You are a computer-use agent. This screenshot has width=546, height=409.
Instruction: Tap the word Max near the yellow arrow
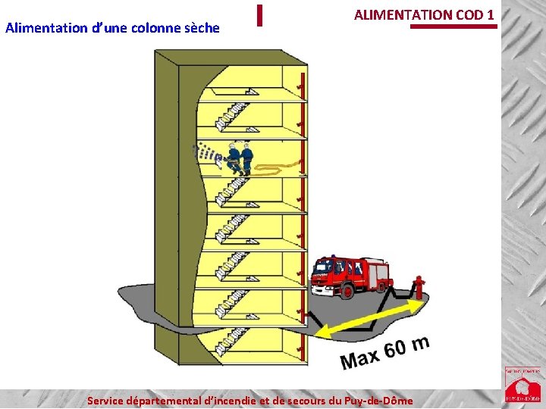(x=359, y=357)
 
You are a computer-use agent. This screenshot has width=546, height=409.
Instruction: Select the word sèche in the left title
(x=197, y=28)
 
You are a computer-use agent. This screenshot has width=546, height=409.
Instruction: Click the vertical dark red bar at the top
(x=259, y=15)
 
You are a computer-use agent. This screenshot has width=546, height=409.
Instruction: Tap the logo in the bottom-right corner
(x=523, y=386)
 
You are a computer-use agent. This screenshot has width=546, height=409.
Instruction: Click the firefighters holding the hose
(x=240, y=158)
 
